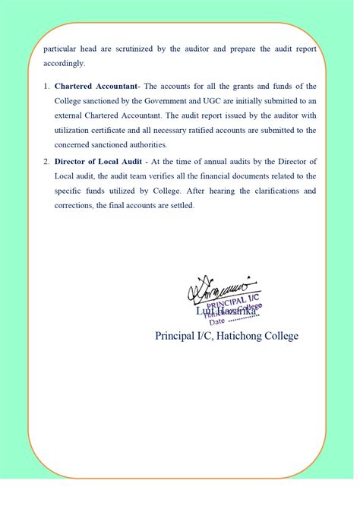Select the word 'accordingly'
pos(65,63)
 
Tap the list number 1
pos(46,87)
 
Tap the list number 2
pos(46,162)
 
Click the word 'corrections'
pos(76,205)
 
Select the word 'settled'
pos(179,205)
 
